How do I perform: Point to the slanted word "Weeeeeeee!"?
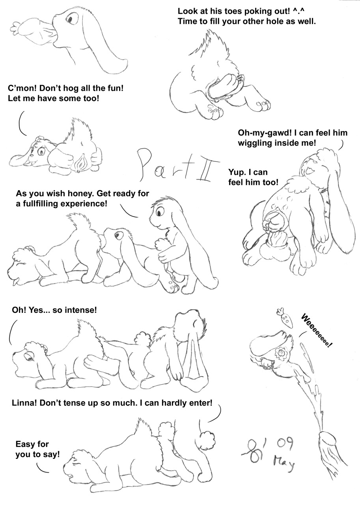317,331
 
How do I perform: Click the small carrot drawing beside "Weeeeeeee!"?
285,318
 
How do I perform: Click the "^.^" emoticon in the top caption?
299,11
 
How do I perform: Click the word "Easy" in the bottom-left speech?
25,444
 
